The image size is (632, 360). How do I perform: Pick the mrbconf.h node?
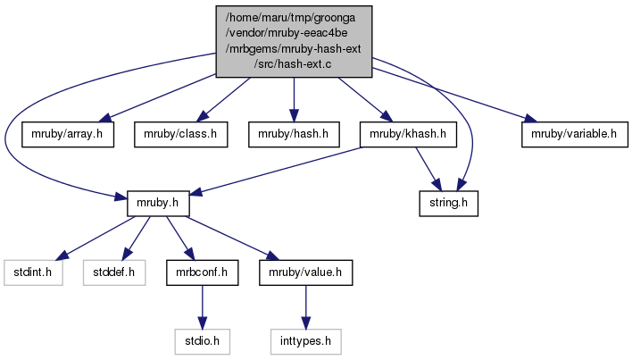point(201,272)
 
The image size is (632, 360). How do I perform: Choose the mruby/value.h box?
point(306,272)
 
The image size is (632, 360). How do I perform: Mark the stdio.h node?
point(201,339)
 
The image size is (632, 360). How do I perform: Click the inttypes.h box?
point(306,339)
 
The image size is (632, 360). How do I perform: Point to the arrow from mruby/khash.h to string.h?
point(428,169)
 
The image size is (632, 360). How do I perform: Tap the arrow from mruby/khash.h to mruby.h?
point(277,170)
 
